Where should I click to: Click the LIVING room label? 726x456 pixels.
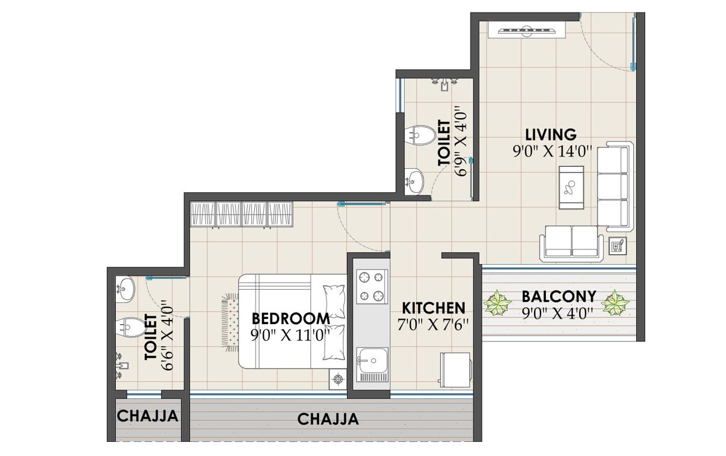[550, 134]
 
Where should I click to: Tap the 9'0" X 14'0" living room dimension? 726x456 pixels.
[553, 151]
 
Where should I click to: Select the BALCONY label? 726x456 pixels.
[558, 296]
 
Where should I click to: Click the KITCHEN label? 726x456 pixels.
[433, 308]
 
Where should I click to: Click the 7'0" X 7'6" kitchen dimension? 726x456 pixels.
[433, 324]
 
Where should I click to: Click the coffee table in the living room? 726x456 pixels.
[571, 187]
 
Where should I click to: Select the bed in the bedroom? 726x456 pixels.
[292, 321]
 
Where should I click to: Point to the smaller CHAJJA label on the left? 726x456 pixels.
[147, 416]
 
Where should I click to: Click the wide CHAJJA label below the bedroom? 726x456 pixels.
[328, 419]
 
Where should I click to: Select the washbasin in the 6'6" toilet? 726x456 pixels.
[125, 289]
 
